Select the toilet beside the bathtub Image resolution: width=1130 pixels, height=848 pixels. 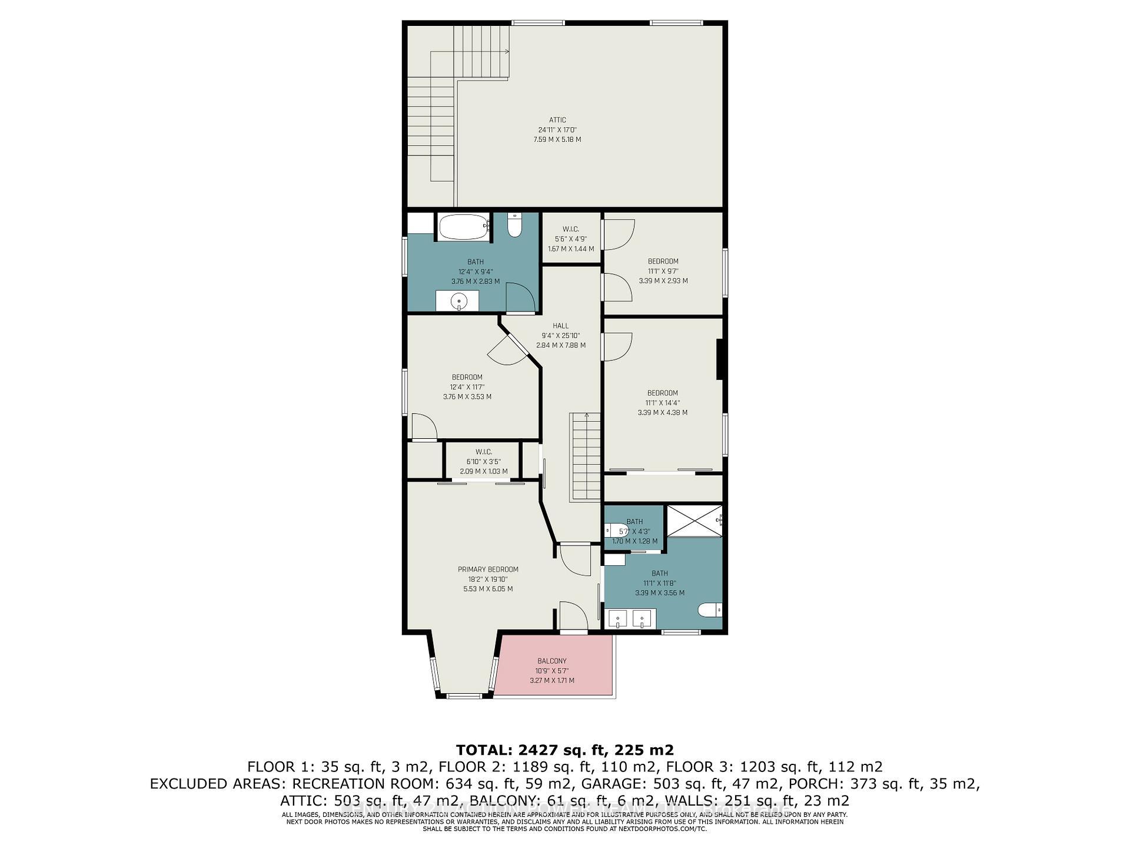coord(515,225)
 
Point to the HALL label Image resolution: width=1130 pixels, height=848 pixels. coord(560,326)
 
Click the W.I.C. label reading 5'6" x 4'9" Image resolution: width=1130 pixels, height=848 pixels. coord(570,239)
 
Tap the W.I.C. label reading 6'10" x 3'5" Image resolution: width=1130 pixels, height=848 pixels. coord(483,462)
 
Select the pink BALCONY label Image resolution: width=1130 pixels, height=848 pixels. coord(551,661)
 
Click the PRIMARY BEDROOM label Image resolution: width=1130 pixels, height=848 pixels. coord(488,569)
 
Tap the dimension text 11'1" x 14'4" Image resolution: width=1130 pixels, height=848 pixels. coord(662,403)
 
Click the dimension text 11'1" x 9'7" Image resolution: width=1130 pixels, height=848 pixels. coord(663,271)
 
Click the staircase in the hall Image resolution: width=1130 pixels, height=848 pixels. coord(584,456)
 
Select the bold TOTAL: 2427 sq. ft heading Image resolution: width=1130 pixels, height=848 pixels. coord(564,750)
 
